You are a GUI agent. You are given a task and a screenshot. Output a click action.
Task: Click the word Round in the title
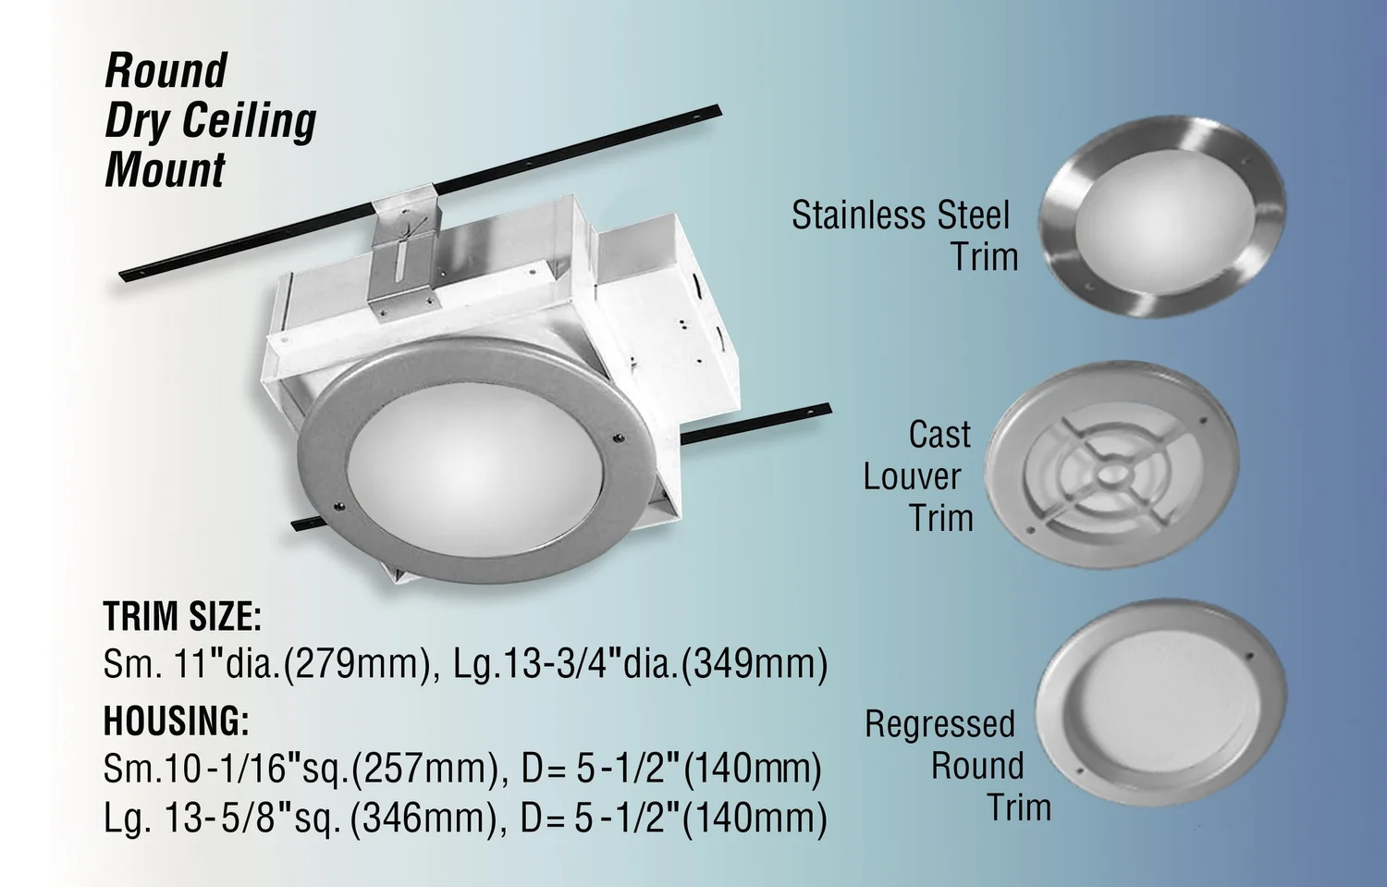pos(166,71)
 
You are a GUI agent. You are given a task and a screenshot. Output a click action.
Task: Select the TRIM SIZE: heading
pos(182,617)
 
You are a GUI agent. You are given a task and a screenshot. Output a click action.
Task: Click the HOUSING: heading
pos(176,721)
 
